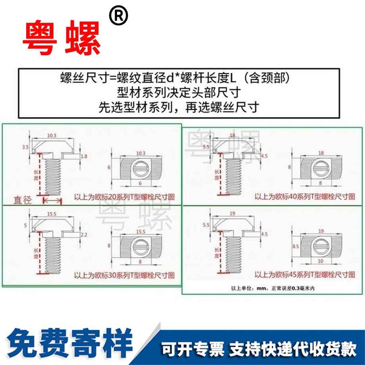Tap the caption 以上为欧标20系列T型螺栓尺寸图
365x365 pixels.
pos(125,196)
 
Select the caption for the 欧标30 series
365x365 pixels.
pos(125,275)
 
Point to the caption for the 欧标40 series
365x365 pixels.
pos(304,196)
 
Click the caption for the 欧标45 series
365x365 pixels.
pos(304,274)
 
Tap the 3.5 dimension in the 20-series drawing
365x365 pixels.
pos(26,147)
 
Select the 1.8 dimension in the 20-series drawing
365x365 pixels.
pos(84,157)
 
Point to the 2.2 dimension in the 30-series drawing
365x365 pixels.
pos(84,235)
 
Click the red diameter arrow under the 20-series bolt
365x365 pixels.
pos(52,201)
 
